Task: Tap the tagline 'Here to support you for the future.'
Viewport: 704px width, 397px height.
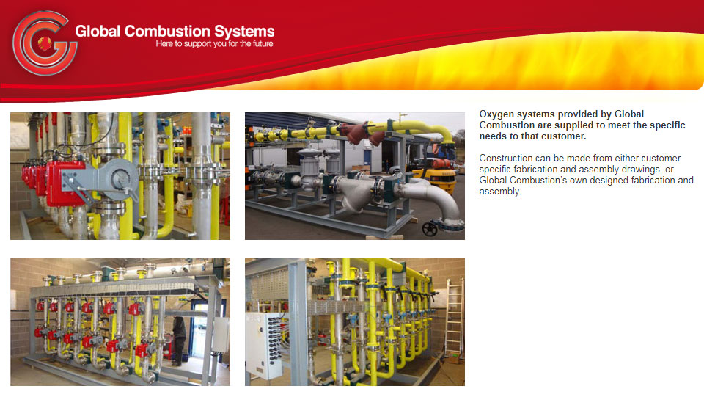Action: click(x=215, y=44)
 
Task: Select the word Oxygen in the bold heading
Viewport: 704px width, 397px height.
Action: click(x=496, y=114)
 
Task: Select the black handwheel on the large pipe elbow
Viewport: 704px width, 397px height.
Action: click(x=430, y=228)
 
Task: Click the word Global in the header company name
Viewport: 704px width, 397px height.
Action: click(x=98, y=32)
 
